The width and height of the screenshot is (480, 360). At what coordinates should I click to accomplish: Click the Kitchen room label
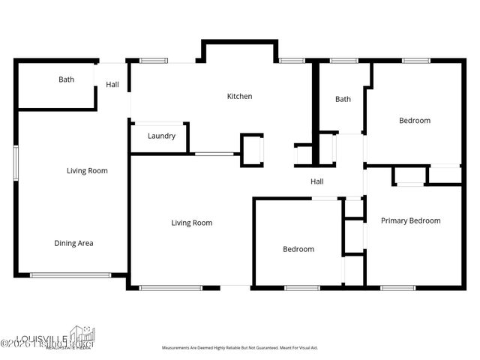pyautogui.click(x=240, y=96)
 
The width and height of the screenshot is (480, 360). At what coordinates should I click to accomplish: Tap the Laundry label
pyautogui.click(x=161, y=136)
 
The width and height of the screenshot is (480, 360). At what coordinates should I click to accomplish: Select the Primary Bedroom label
pyautogui.click(x=410, y=220)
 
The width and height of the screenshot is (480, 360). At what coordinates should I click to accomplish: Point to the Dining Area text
pyautogui.click(x=73, y=243)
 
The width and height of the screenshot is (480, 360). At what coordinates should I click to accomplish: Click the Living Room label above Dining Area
pyautogui.click(x=87, y=171)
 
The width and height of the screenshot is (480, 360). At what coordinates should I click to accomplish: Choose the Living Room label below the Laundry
pyautogui.click(x=191, y=223)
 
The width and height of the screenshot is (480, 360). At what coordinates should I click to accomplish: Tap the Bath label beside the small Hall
pyautogui.click(x=66, y=79)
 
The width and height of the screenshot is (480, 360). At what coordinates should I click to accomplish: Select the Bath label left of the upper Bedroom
pyautogui.click(x=343, y=99)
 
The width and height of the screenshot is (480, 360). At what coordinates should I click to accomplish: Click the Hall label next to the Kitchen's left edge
pyautogui.click(x=112, y=85)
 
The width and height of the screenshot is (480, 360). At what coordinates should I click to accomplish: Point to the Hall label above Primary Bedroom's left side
pyautogui.click(x=317, y=181)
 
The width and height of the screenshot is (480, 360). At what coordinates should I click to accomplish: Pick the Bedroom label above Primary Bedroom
pyautogui.click(x=414, y=121)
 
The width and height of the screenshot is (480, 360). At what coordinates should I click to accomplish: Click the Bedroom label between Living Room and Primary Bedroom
pyautogui.click(x=298, y=249)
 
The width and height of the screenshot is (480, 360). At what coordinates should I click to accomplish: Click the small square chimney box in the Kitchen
pyautogui.click(x=251, y=150)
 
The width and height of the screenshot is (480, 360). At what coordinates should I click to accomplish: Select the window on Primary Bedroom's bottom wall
pyautogui.click(x=397, y=287)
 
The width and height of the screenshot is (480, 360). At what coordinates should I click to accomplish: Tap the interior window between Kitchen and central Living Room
pyautogui.click(x=214, y=154)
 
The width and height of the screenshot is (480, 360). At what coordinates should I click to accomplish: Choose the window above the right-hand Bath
pyautogui.click(x=343, y=60)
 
